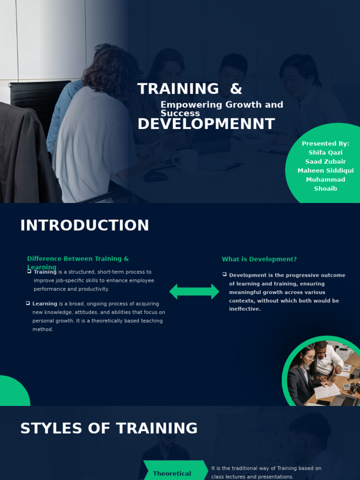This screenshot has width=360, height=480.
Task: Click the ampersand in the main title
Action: tap(236, 89)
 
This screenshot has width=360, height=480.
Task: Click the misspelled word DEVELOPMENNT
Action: tap(206, 124)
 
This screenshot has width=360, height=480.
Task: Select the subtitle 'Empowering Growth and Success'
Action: tap(222, 109)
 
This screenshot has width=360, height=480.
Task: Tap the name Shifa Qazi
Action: tap(325, 153)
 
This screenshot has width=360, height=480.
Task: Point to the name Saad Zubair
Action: tap(325, 162)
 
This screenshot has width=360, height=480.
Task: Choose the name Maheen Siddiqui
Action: tap(325, 171)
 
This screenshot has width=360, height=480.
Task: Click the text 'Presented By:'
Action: tap(325, 144)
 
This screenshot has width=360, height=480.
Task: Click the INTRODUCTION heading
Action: tap(84, 225)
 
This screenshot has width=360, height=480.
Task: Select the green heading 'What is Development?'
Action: tap(259, 259)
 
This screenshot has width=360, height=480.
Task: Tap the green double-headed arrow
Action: tap(194, 292)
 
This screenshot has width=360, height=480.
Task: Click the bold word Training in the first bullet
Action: tap(45, 272)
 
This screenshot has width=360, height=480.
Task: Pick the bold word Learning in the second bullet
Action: tap(45, 304)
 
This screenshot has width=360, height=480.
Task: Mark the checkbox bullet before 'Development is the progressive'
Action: tap(225, 274)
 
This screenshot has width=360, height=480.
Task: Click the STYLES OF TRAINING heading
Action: tap(109, 428)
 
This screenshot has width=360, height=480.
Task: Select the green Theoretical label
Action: tap(172, 473)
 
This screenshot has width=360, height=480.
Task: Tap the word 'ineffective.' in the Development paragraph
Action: tap(245, 309)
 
